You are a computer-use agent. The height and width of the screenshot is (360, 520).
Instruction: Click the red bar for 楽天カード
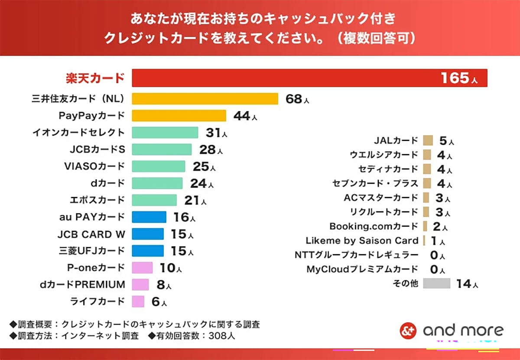pyautogui.click(x=309, y=78)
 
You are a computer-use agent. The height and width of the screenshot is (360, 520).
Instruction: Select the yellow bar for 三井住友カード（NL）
pyautogui.click(x=205, y=99)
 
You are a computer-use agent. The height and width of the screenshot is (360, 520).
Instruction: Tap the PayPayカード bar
pyautogui.click(x=179, y=116)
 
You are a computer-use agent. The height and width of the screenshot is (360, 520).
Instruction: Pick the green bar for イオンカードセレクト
pyautogui.click(x=165, y=133)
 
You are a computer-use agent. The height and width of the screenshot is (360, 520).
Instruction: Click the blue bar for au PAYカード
pyautogui.click(x=149, y=217)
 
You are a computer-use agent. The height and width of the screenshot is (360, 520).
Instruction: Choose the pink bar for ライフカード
pyautogui.click(x=138, y=302)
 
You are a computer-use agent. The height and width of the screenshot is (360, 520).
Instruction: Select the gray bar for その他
pyautogui.click(x=436, y=284)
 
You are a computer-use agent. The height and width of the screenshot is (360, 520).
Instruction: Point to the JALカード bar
pyautogui.click(x=428, y=140)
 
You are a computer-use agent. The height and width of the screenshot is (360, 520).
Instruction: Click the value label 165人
pyautogui.click(x=459, y=78)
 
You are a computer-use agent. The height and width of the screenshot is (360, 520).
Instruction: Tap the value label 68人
pyautogui.click(x=297, y=99)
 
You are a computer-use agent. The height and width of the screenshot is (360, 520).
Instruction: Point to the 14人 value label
pyautogui.click(x=466, y=284)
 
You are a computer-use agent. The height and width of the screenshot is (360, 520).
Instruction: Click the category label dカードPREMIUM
pyautogui.click(x=82, y=285)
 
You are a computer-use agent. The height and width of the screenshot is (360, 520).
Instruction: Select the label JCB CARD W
pyautogui.click(x=91, y=234)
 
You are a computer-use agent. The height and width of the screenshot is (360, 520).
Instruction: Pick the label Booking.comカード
pyautogui.click(x=374, y=226)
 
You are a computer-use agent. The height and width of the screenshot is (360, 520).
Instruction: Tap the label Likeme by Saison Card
pyautogui.click(x=362, y=240)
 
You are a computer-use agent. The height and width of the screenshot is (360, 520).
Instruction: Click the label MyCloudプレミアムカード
pyautogui.click(x=362, y=269)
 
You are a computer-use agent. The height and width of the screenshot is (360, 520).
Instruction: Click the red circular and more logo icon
pyautogui.click(x=408, y=331)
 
